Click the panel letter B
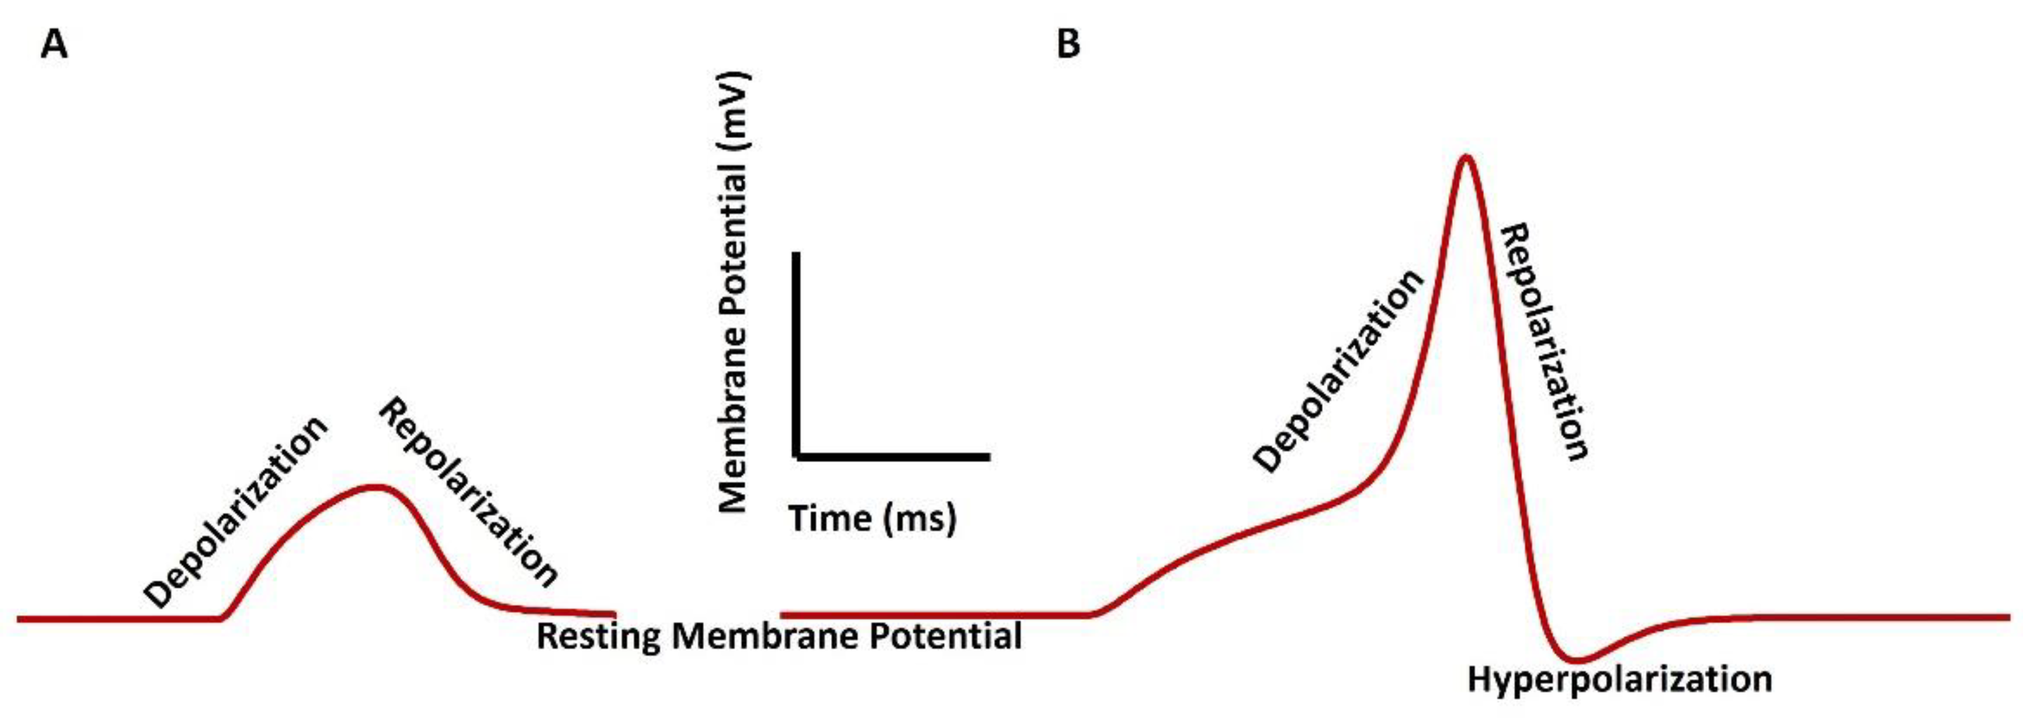click(1068, 45)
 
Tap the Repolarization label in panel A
click(469, 493)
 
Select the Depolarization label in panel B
click(1338, 372)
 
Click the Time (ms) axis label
click(872, 519)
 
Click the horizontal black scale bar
click(893, 456)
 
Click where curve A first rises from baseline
click(221, 618)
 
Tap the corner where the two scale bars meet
click(797, 456)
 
